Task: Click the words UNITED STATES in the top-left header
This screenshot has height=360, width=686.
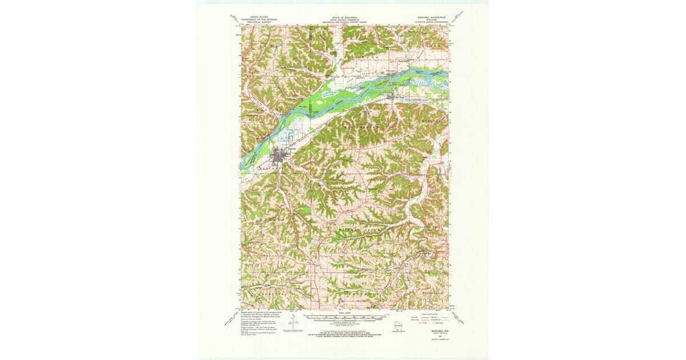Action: click(x=254, y=18)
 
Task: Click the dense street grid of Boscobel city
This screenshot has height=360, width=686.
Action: click(x=280, y=155)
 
